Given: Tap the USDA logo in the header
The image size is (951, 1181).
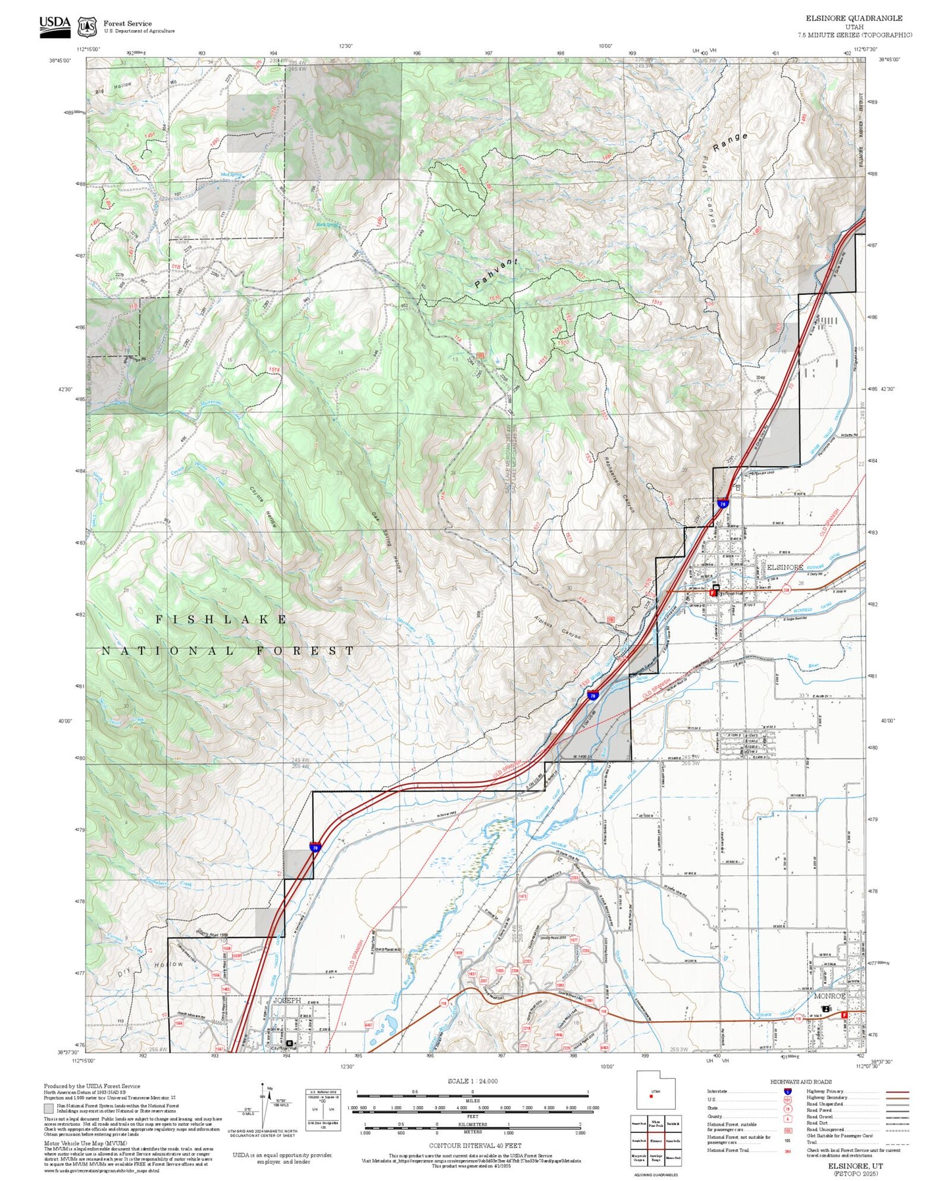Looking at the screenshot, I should [55, 26].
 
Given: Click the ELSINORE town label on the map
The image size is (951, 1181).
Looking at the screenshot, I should [785, 567].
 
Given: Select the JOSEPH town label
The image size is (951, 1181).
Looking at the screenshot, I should [286, 1000].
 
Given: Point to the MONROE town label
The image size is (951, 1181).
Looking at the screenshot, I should [829, 996].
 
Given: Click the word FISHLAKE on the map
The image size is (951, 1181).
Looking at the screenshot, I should [222, 619].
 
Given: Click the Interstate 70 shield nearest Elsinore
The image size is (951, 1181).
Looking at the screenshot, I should [723, 504].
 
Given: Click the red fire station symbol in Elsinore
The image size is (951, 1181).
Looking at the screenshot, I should [711, 592].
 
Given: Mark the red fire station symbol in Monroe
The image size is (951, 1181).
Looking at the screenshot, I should [845, 1015].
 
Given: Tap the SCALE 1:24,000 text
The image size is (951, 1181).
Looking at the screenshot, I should [473, 1081].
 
